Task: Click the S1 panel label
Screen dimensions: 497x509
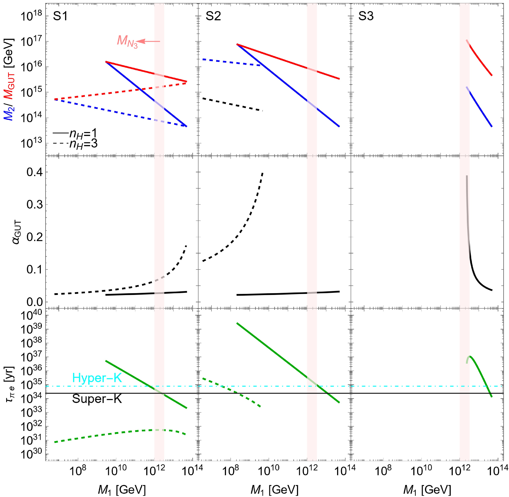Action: point(60,16)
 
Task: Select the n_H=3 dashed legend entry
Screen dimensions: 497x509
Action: point(75,144)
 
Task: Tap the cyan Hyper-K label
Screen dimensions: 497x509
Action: point(97,378)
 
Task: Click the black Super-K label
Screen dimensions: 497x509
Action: point(97,399)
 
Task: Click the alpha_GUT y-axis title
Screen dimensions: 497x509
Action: point(16,232)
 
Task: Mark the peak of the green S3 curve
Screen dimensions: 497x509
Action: point(470,356)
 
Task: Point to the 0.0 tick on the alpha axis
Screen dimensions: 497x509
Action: point(34,302)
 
